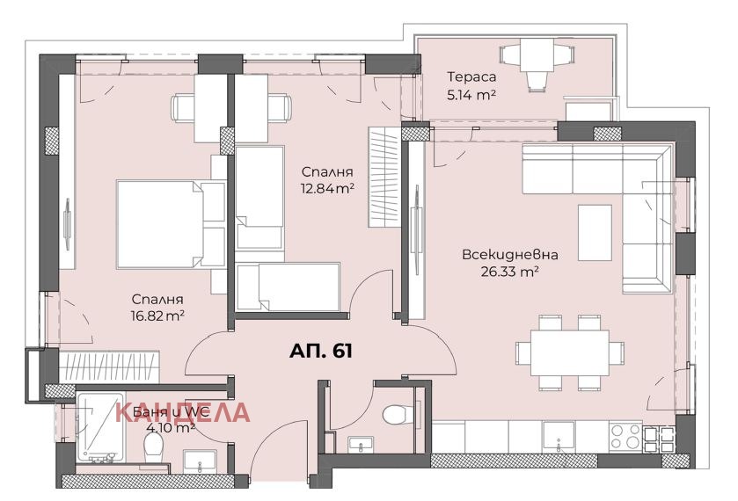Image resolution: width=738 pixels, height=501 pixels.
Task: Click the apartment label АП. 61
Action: pos(320,351)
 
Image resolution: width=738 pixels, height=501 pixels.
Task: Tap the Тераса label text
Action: pos(471,76)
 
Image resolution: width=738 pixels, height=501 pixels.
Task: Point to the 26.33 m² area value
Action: pos(509,272)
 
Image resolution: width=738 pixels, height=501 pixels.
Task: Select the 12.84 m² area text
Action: pos(327,189)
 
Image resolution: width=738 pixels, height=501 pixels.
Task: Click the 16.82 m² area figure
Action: pos(157,316)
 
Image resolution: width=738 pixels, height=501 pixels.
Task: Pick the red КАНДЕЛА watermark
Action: pos(183,412)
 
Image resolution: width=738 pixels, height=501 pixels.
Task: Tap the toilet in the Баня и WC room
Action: pos(153,447)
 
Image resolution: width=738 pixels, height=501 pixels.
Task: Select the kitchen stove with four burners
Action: pos(625,437)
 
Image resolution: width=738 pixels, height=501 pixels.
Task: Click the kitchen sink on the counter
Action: pos(559,437)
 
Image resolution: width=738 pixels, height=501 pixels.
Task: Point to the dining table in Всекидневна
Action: pos(569,352)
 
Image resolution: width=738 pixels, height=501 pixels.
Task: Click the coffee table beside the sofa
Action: pos(595,232)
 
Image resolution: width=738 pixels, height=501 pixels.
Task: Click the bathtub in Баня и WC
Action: pos(101,427)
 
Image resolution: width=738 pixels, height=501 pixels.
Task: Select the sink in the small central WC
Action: pos(361,444)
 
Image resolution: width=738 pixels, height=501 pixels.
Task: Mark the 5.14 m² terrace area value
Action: pos(471,96)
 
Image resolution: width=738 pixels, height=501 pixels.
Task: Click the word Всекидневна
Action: pos(510,255)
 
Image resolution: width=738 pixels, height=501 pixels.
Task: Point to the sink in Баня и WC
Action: pos(200,460)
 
